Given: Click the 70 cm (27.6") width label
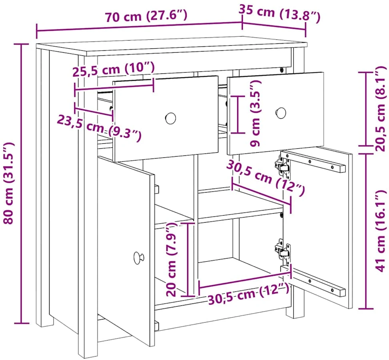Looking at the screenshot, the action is click(146, 16).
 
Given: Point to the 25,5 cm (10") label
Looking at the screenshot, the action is click(114, 69).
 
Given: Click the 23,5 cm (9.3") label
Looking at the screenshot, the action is click(100, 128).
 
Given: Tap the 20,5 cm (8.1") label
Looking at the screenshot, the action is click(381, 108).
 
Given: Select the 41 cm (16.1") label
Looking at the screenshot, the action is click(381, 231).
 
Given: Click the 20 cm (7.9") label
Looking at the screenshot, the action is click(171, 259).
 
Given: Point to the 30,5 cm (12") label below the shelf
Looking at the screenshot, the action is click(249, 295).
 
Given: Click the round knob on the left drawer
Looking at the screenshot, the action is click(170, 118).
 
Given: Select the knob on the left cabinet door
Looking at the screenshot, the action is click(138, 258).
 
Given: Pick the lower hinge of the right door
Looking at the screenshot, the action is click(282, 252).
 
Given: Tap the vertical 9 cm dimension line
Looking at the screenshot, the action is click(238, 114).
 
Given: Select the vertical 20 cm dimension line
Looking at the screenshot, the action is click(188, 259).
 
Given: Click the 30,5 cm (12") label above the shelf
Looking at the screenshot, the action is click(265, 178).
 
